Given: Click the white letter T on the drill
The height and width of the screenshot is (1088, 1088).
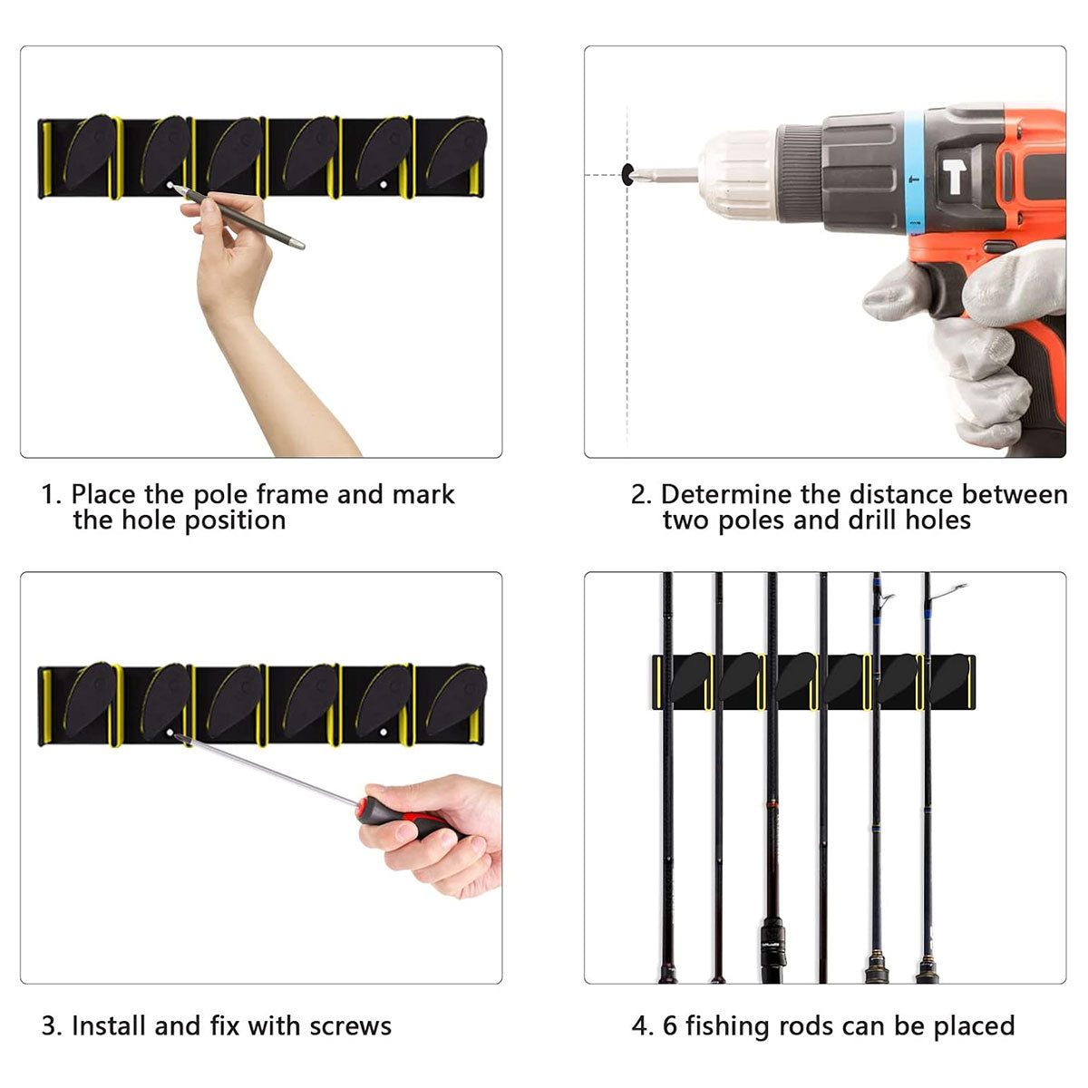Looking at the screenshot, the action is [x=954, y=177].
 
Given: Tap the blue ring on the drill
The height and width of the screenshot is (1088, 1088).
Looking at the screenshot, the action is [x=915, y=171].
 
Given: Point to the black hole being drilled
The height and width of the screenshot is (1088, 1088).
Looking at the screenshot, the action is [x=627, y=174].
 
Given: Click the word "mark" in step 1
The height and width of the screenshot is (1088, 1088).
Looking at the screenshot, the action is [x=423, y=495].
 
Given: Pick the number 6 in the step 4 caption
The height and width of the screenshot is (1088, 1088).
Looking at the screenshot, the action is [x=670, y=1025].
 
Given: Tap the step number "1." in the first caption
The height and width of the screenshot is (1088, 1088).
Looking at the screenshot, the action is [x=52, y=495].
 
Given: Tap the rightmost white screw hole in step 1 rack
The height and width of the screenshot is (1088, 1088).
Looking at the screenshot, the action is [x=384, y=185].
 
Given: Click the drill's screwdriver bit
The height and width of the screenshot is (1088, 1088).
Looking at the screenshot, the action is [x=665, y=174].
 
